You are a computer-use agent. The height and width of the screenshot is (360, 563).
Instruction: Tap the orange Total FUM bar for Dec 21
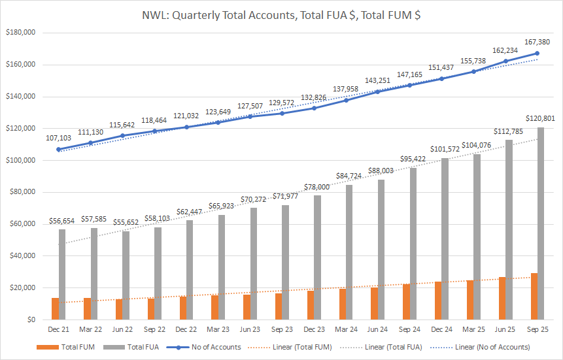(x=56, y=309)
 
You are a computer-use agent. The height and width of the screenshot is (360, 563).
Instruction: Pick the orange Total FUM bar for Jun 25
(x=502, y=299)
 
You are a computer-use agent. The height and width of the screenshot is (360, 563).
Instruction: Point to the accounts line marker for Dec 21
(x=59, y=150)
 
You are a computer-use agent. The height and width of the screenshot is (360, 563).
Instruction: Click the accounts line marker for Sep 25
(x=537, y=54)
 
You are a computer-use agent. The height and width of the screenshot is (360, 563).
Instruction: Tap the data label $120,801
(x=539, y=118)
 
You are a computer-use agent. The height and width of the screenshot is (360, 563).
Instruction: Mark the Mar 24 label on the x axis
(x=346, y=330)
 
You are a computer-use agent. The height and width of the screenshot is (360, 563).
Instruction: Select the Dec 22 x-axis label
(x=186, y=330)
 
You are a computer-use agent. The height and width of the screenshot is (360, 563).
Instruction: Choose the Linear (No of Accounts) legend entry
(x=492, y=346)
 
